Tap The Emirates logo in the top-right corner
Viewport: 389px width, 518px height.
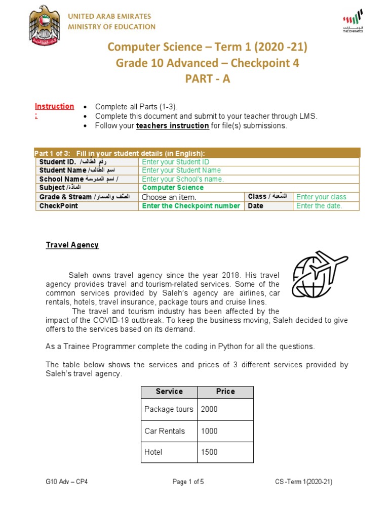coord(353,21)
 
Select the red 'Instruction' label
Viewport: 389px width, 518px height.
coord(54,107)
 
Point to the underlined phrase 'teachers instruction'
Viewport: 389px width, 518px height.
coord(173,126)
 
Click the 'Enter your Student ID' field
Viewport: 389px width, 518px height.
coord(176,162)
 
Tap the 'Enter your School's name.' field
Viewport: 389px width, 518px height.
coord(183,179)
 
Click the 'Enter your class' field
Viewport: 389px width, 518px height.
coord(321,197)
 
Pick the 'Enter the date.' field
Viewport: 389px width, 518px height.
coord(319,206)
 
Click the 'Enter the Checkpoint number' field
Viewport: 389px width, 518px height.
coord(191,206)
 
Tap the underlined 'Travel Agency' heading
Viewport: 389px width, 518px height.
coord(72,245)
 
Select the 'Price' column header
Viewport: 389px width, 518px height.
coord(225,392)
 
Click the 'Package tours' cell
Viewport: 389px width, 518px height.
coord(169,409)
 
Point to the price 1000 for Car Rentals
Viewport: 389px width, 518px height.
coord(209,431)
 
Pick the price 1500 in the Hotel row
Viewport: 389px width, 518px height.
coord(209,452)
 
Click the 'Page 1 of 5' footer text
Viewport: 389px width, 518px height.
coord(188,482)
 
